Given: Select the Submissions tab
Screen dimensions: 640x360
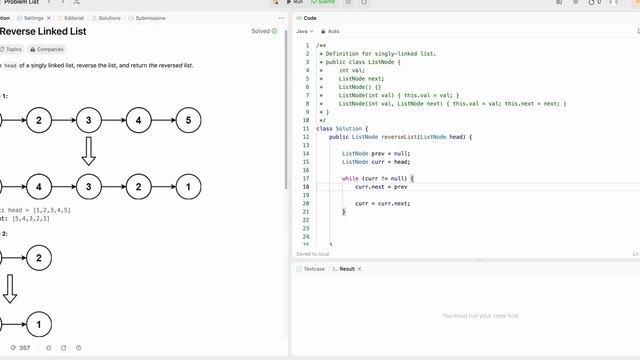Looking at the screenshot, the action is click(x=148, y=18).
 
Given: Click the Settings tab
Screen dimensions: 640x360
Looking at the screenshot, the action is click(x=30, y=18).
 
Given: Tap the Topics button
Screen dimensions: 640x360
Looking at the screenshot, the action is click(x=17, y=48).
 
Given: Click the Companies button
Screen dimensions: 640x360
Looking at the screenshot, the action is click(x=48, y=48).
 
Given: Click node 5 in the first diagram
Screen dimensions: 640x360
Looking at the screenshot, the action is click(x=188, y=121).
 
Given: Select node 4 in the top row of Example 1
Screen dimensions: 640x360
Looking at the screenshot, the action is click(x=139, y=121).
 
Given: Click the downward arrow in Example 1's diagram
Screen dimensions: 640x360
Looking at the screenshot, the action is click(x=88, y=152).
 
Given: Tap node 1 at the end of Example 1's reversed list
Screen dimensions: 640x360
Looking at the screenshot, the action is click(x=188, y=186).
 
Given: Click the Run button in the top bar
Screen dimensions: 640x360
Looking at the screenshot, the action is click(x=282, y=3).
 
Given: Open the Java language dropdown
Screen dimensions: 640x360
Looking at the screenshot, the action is click(x=305, y=32).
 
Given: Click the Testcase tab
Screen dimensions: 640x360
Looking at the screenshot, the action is click(x=313, y=269).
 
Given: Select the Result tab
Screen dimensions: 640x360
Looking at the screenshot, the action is click(x=346, y=269).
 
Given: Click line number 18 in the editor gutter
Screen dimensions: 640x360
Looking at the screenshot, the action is click(x=305, y=187).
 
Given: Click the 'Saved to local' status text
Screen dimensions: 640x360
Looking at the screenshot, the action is click(x=313, y=254).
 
